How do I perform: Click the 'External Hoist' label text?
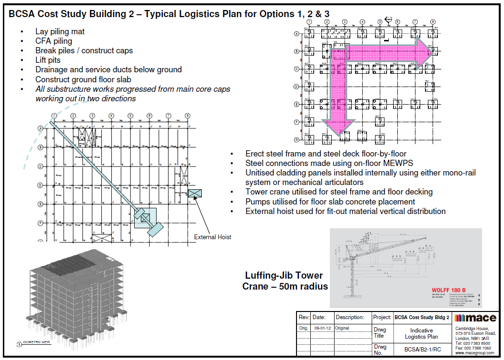coord(212,237)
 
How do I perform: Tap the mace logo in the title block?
coord(475,318)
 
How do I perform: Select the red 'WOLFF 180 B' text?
coord(448,290)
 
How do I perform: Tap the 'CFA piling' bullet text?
coord(54,41)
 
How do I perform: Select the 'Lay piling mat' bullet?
coord(60,32)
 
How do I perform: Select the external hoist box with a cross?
coord(195,193)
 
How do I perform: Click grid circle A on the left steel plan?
coord(40,128)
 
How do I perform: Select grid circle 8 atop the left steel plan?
coord(188,116)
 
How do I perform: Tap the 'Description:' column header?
coord(350,317)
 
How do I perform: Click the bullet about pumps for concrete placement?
coord(330,202)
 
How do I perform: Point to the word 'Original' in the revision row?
coord(342,328)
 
